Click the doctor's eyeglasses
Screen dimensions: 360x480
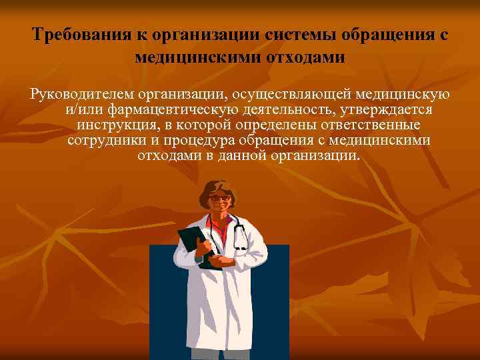[219, 198]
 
